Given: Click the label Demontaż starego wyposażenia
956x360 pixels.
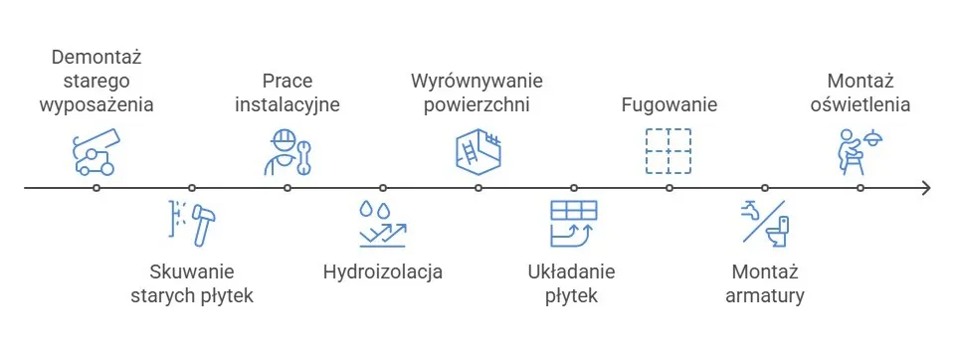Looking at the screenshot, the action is [x=96, y=80].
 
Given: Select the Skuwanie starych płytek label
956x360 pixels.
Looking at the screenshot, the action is [x=192, y=282].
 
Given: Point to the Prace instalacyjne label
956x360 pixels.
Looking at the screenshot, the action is [x=287, y=91].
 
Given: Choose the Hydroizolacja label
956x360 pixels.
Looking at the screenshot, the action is [x=383, y=271].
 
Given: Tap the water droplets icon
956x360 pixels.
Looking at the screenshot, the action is [x=383, y=224].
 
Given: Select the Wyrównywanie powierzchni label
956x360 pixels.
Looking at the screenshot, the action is [x=478, y=91].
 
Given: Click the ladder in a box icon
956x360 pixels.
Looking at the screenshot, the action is [x=478, y=151].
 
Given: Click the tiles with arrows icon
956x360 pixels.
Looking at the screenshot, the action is [x=574, y=223].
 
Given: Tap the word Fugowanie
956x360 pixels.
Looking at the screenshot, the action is [x=669, y=103].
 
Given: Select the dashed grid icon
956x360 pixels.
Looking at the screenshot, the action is [x=669, y=151].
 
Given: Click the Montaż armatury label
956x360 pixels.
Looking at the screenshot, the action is [x=765, y=282].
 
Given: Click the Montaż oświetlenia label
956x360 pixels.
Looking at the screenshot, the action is [x=861, y=91].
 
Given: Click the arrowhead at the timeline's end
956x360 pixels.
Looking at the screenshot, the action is [x=926, y=187].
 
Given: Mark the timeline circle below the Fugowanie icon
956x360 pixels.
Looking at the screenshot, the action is [x=669, y=187].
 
